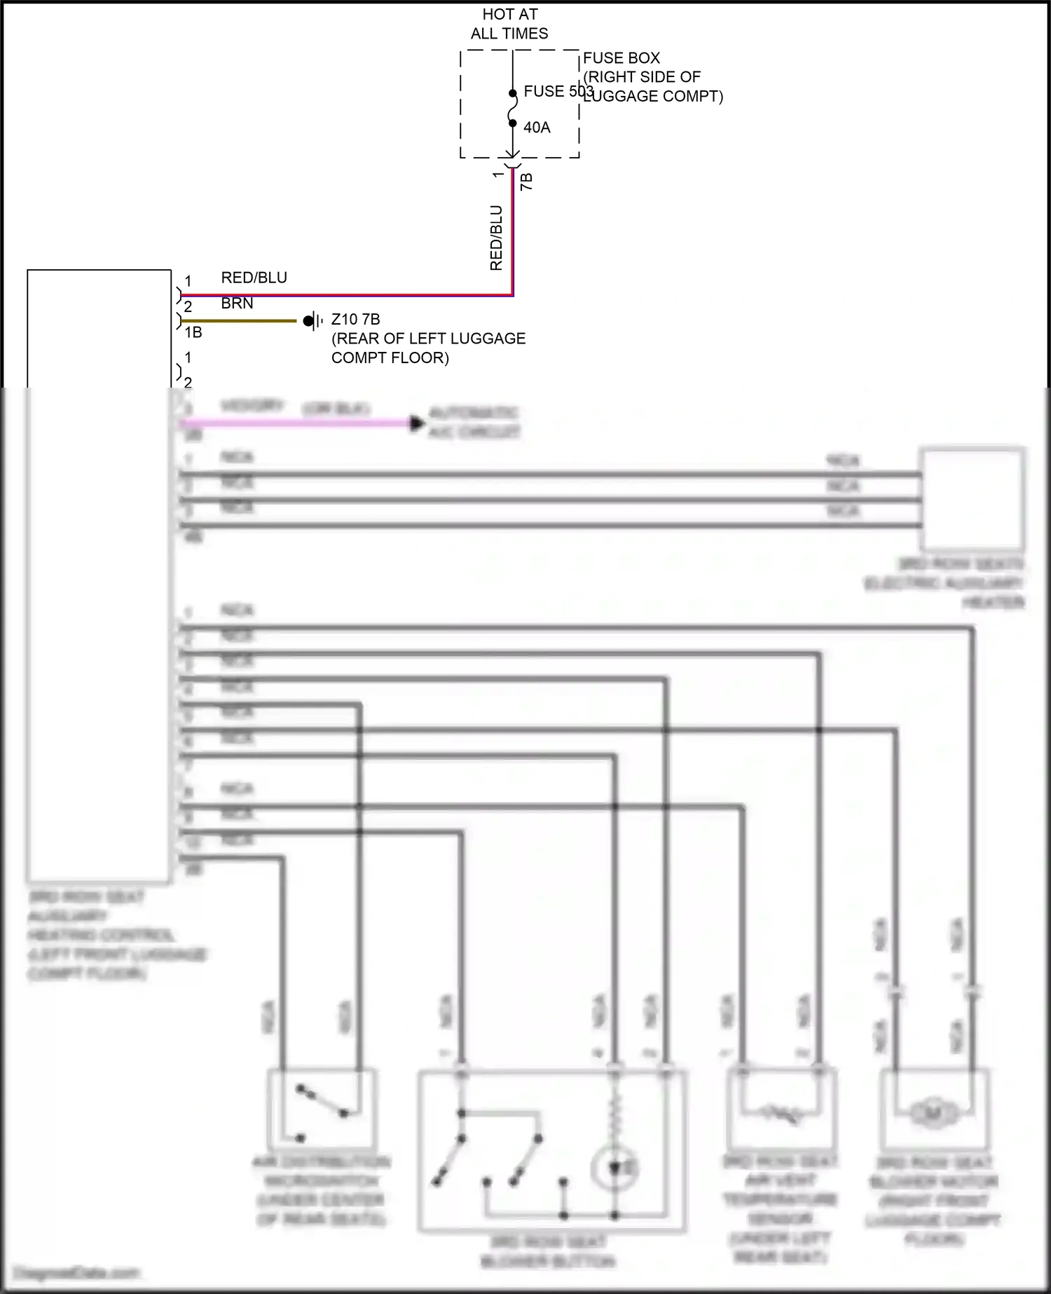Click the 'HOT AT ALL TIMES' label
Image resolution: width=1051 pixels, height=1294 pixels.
[509, 24]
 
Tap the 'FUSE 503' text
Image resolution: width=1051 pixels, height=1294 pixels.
[558, 92]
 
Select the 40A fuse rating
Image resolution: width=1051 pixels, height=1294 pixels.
[537, 128]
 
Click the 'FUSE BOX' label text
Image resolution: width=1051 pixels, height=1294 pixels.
[621, 58]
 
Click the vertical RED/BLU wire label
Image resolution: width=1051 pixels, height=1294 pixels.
[496, 238]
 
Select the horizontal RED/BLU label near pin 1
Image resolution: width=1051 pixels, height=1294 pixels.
[254, 278]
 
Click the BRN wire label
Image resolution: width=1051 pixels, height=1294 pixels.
[237, 304]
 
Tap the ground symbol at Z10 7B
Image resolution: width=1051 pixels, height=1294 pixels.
[312, 321]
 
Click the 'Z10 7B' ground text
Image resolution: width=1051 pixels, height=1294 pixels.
[355, 320]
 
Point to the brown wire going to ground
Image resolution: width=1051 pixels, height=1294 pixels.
[238, 321]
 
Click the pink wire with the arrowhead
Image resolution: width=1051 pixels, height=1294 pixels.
[294, 423]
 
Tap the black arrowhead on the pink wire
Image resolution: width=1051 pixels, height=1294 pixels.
[418, 423]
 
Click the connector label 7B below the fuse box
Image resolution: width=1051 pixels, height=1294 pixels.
[527, 182]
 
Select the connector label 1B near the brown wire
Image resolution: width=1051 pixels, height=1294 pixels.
[193, 333]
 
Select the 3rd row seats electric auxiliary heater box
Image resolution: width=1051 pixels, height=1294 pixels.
[972, 499]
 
